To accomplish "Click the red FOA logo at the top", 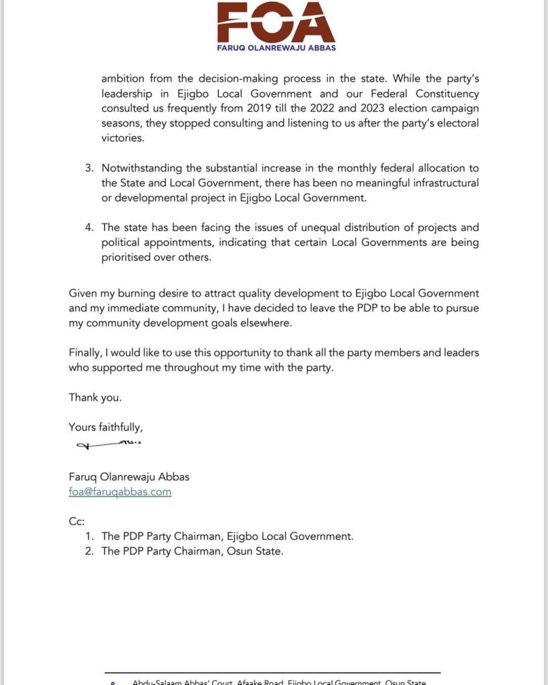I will pyautogui.click(x=276, y=23).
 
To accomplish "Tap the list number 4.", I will pyautogui.click(x=89, y=227).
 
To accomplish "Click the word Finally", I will pyautogui.click(x=86, y=352).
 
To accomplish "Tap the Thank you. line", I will pyautogui.click(x=95, y=397).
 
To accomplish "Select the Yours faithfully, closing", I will pyautogui.click(x=105, y=427).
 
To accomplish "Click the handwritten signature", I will pyautogui.click(x=107, y=444).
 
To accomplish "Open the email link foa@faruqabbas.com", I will pyautogui.click(x=120, y=492).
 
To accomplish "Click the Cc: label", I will pyautogui.click(x=76, y=521).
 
